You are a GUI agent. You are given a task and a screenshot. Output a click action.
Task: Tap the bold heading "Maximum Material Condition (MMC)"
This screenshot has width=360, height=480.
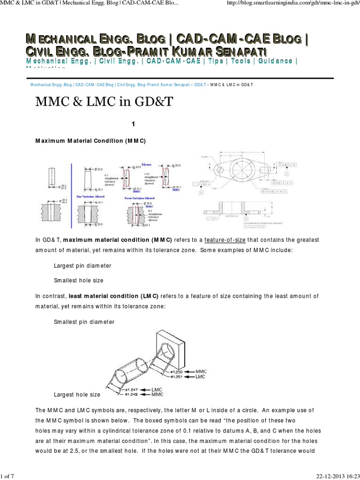(91, 141)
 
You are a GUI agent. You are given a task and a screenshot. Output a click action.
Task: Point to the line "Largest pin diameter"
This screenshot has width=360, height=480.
(82, 265)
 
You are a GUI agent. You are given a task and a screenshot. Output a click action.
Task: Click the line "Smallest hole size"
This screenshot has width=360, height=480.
(79, 280)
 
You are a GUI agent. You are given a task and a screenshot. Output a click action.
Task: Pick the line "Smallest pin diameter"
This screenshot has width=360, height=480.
(84, 322)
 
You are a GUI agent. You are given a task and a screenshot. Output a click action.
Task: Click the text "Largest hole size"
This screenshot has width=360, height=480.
(77, 395)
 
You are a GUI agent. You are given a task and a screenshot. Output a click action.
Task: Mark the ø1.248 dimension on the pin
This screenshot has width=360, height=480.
(132, 395)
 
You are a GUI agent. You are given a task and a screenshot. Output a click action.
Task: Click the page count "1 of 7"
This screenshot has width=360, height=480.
(8, 477)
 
